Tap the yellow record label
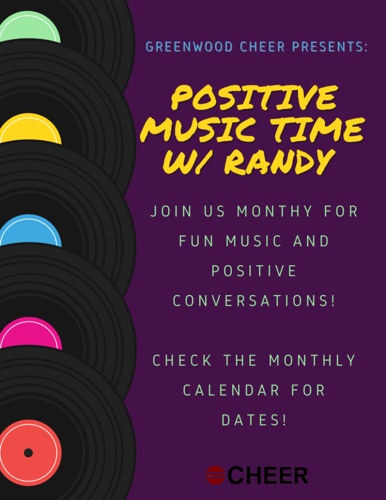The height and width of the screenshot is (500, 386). click(30, 129)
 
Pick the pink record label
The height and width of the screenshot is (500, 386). click(31, 333)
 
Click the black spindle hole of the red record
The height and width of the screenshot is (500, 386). click(28, 453)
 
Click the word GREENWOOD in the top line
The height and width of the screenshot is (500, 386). click(189, 47)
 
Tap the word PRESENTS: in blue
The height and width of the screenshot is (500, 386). click(330, 47)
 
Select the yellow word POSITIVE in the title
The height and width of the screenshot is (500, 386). click(254, 98)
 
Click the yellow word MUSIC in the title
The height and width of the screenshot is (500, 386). click(198, 130)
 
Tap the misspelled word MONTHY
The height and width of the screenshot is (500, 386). click(275, 211)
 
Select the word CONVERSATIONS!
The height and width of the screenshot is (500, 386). click(254, 301)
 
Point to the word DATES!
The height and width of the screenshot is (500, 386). click(254, 420)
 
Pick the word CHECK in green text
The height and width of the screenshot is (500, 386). click(183, 360)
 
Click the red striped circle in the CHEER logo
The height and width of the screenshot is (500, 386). click(216, 475)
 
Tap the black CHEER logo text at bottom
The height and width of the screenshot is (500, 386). click(268, 476)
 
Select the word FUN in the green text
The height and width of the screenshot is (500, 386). click(196, 241)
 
